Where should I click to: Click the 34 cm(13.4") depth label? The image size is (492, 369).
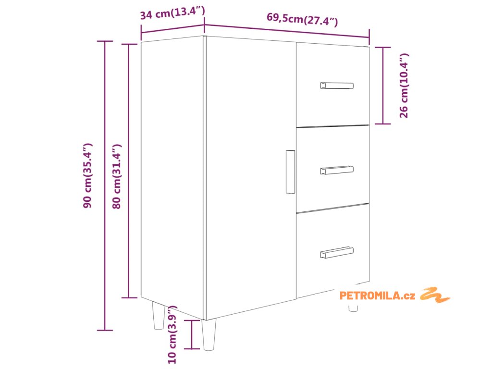172,13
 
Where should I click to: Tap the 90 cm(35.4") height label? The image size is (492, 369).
87,175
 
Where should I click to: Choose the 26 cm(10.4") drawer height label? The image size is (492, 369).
404,86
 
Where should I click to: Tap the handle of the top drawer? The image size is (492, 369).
337,86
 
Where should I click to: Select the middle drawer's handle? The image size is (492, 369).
337,170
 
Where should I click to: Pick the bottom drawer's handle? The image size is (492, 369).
337,252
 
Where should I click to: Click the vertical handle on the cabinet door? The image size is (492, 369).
290,172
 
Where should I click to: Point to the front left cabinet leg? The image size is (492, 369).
209,334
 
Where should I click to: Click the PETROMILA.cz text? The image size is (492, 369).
377,295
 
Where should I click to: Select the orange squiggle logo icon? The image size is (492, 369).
435,295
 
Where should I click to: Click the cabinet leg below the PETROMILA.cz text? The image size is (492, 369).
353,307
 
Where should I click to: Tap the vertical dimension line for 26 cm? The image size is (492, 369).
382,86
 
